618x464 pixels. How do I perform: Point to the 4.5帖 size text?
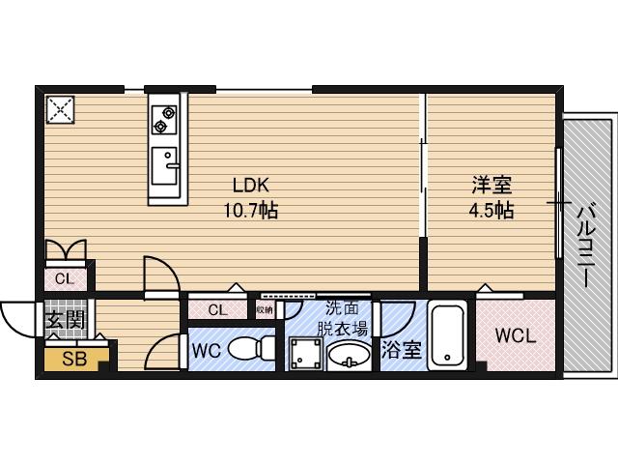pos(492,210)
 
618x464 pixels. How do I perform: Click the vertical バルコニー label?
pos(585,245)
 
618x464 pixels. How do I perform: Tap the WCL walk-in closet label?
pos(515,336)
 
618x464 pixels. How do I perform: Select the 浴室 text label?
pos(402,350)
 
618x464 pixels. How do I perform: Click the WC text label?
pos(206,350)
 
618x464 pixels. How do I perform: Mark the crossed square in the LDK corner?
pos(61,109)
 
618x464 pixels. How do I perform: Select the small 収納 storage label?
pos(265,309)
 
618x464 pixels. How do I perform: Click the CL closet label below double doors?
pos(64,278)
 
